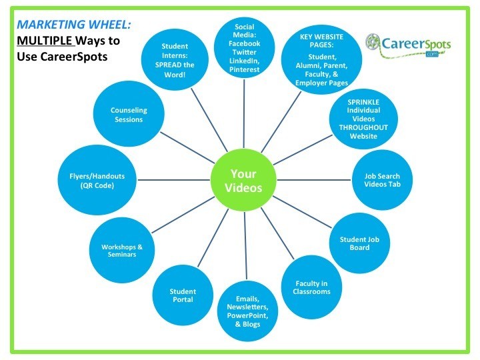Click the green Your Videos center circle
click(243, 180)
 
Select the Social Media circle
click(244, 48)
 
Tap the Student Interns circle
click(175, 60)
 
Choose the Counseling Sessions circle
click(129, 114)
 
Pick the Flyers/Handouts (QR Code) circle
click(97, 180)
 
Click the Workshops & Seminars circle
click(122, 250)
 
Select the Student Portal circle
click(183, 295)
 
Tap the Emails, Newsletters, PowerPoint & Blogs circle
click(247, 311)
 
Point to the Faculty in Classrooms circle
click(311, 287)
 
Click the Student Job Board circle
click(359, 243)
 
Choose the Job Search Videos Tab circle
click(382, 180)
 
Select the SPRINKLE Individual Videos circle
click(363, 119)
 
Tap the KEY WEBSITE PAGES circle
click(321, 59)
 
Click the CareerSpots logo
click(408, 46)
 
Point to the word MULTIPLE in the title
click(45, 41)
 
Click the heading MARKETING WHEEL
click(74, 24)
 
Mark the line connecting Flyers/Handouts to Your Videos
click(173, 180)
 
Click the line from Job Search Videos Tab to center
click(314, 180)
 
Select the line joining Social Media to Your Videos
click(244, 114)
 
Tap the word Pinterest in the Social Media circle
click(244, 69)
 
